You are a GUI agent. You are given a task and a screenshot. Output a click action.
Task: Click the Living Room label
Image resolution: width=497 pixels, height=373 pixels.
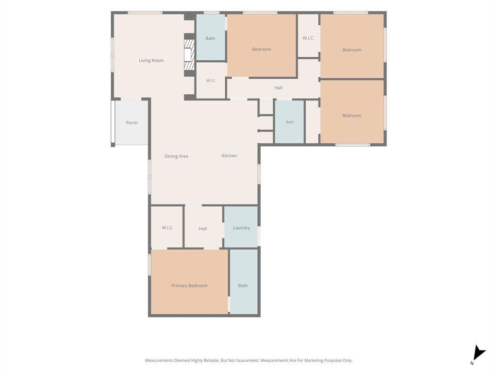151,60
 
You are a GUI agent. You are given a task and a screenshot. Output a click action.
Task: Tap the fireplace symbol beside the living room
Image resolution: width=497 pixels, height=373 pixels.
189,55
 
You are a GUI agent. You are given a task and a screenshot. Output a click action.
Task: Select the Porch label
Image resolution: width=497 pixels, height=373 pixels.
132,122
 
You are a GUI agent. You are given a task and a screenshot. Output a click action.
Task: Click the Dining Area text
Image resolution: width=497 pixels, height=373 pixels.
176,156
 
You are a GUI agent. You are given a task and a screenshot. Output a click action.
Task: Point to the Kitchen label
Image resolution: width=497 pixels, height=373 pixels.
229,155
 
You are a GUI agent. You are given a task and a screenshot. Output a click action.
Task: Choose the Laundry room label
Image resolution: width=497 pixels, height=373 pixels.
242,228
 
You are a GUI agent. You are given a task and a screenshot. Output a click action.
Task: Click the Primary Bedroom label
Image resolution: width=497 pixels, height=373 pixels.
190,286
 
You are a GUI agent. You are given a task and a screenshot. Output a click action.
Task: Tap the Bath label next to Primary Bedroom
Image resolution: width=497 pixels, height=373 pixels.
243,286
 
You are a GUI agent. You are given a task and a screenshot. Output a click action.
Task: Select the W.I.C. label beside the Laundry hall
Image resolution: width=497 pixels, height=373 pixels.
167,227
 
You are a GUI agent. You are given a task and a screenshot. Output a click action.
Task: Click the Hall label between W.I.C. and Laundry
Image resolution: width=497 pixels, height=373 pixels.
203,228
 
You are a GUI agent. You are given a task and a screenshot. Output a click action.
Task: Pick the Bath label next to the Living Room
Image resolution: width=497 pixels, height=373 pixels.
211,38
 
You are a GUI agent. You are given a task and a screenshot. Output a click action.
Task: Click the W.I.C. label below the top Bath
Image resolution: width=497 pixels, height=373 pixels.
211,81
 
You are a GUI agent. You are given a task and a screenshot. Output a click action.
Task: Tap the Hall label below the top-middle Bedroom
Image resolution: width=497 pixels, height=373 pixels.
278,87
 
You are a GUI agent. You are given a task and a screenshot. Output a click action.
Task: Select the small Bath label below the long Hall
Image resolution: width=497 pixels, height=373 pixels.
290,122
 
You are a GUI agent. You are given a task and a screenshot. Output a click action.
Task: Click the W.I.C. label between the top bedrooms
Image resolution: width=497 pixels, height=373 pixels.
308,38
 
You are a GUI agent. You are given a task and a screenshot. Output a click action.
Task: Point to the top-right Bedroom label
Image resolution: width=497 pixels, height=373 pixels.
352,50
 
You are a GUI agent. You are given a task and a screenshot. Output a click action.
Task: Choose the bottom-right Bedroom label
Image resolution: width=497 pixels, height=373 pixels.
352,116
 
